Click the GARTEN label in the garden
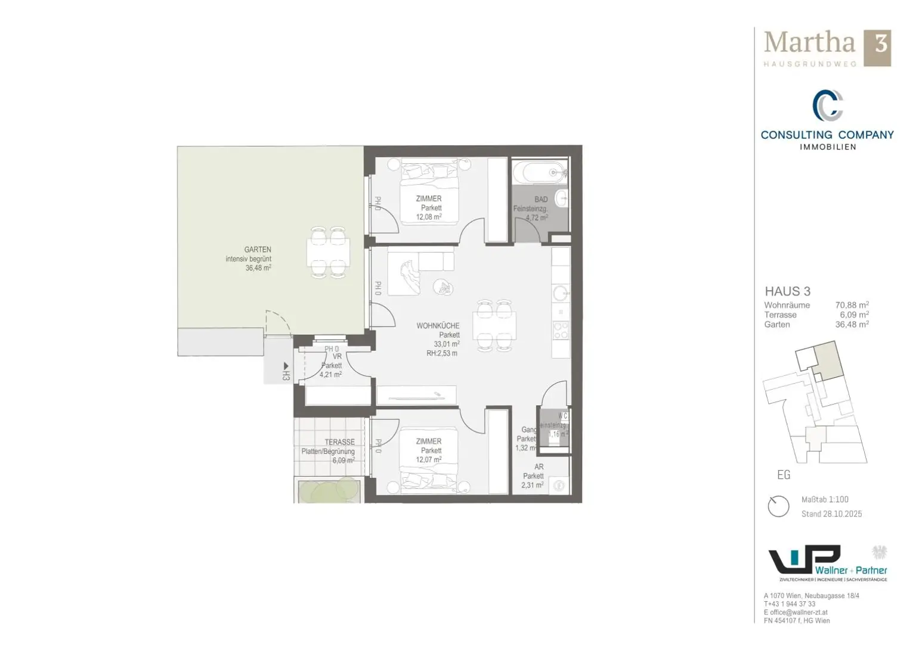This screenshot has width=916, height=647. coord(257,250)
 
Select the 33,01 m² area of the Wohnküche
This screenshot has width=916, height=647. coord(446,344)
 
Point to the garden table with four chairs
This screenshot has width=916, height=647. coord(328,253)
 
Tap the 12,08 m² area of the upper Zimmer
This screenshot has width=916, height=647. coord(428,217)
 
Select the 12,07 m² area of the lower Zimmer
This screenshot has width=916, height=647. coord(428,460)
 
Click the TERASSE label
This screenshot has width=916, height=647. coord(339,442)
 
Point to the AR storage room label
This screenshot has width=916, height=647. coord(539,467)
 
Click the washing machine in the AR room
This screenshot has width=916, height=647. coord(559,485)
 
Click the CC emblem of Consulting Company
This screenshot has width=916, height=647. coord(827,105)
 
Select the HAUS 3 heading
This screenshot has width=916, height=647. coord(787,291)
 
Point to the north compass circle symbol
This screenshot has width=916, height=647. coord(778,506)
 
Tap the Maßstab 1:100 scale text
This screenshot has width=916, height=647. coord(824,499)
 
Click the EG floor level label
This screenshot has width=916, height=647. coord(784,475)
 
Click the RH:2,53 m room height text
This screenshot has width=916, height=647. coord(441,353)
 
